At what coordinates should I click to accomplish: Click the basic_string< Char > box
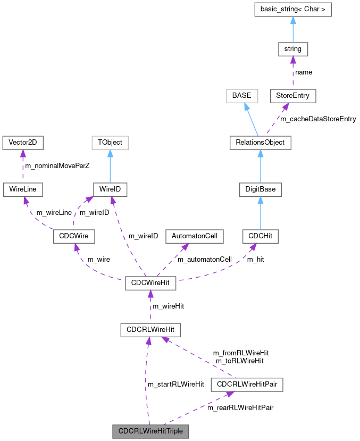[292, 10]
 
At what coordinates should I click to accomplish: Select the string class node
[292, 49]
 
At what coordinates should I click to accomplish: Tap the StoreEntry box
[292, 96]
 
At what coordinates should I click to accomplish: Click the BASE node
[241, 96]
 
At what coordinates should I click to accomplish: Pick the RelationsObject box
[260, 142]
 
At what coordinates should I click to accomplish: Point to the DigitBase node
[260, 189]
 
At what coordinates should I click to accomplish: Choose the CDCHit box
[260, 235]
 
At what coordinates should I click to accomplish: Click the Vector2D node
[23, 142]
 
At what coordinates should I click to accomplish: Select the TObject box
[110, 142]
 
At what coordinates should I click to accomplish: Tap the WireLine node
[23, 189]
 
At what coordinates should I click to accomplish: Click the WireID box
[110, 189]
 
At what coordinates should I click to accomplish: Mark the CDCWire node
[74, 235]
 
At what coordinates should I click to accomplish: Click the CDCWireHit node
[150, 282]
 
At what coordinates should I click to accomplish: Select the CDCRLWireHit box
[150, 330]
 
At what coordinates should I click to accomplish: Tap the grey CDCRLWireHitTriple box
[151, 431]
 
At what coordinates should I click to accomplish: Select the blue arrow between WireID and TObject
[110, 165]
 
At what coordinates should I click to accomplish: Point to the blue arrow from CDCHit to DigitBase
[260, 212]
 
